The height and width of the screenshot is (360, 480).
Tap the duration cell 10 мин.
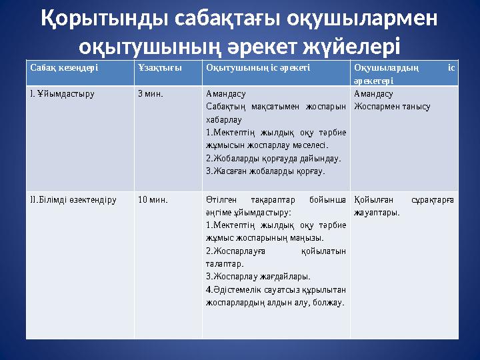pos(153,199)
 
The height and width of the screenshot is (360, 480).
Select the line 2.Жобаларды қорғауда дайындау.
pos(273,158)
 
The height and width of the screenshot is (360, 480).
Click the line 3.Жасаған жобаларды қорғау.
pos(265,171)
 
